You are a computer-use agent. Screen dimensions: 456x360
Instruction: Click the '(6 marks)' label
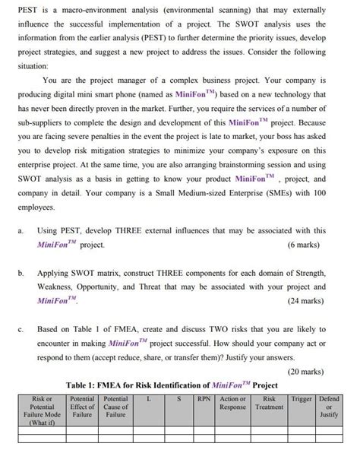point(305,245)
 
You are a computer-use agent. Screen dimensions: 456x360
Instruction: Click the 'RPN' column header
point(203,398)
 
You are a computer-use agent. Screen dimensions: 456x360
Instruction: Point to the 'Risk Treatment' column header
point(268,402)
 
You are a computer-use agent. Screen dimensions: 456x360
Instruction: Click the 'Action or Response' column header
point(232,402)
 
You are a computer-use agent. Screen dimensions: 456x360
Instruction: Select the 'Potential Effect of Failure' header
point(81,407)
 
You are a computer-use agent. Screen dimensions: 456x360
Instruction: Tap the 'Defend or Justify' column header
point(328,407)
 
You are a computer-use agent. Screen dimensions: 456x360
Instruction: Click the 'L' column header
point(149,398)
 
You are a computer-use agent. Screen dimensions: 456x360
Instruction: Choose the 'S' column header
point(178,398)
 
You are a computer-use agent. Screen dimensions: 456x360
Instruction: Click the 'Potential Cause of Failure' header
point(115,407)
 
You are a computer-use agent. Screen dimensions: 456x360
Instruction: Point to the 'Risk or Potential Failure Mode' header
point(41,410)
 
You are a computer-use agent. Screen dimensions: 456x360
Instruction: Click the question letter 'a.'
point(21,230)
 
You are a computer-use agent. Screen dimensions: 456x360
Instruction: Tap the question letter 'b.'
point(21,271)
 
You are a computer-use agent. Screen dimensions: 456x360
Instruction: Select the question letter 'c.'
point(21,329)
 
